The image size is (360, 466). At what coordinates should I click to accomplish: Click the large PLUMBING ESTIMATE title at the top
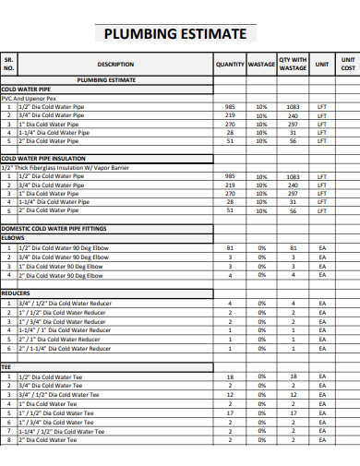[175, 34]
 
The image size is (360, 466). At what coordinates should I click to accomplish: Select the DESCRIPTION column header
[115, 65]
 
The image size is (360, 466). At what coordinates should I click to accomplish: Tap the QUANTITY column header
[230, 65]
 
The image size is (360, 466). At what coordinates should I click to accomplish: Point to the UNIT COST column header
[347, 64]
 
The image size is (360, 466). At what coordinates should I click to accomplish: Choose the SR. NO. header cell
[9, 64]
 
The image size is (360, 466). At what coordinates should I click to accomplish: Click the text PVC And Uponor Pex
[29, 98]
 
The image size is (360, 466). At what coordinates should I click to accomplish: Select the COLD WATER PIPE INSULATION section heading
[43, 159]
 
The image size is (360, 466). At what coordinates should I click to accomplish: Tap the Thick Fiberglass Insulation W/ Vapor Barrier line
[66, 167]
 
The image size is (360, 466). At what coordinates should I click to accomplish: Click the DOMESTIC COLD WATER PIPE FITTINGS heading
[54, 228]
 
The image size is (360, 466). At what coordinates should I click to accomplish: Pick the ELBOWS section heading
[14, 237]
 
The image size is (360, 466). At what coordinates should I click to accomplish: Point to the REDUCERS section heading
[17, 293]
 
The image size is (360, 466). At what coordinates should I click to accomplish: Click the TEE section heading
[6, 367]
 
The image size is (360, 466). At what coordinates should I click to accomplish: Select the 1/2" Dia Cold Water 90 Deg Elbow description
[63, 249]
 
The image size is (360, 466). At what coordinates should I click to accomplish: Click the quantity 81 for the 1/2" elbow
[230, 249]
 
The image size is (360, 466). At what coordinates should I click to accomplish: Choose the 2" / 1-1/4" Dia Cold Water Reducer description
[66, 348]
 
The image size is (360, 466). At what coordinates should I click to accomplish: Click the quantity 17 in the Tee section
[230, 413]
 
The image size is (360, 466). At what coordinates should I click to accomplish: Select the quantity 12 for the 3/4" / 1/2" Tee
[230, 395]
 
